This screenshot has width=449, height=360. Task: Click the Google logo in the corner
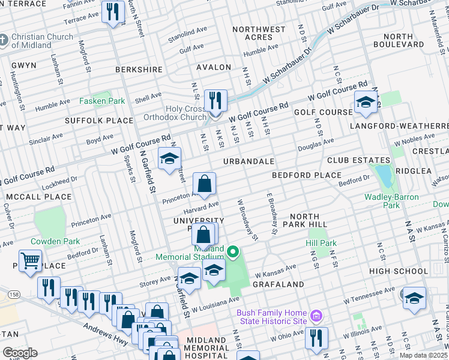20,353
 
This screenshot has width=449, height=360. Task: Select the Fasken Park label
102,101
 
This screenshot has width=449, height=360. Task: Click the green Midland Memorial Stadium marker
234,251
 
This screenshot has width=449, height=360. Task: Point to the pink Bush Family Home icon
316,314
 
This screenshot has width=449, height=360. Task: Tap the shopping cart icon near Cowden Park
29,262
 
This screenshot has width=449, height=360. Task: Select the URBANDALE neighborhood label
249,162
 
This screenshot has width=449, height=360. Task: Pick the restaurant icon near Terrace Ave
113,11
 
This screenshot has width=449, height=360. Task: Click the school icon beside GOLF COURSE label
366,103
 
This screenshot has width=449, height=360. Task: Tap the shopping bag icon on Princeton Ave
205,184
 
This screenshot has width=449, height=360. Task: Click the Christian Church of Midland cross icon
4,41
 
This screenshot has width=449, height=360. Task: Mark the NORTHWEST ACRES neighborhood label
259,33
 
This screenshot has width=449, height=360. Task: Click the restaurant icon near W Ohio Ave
316,337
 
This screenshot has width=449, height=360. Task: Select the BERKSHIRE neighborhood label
139,70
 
